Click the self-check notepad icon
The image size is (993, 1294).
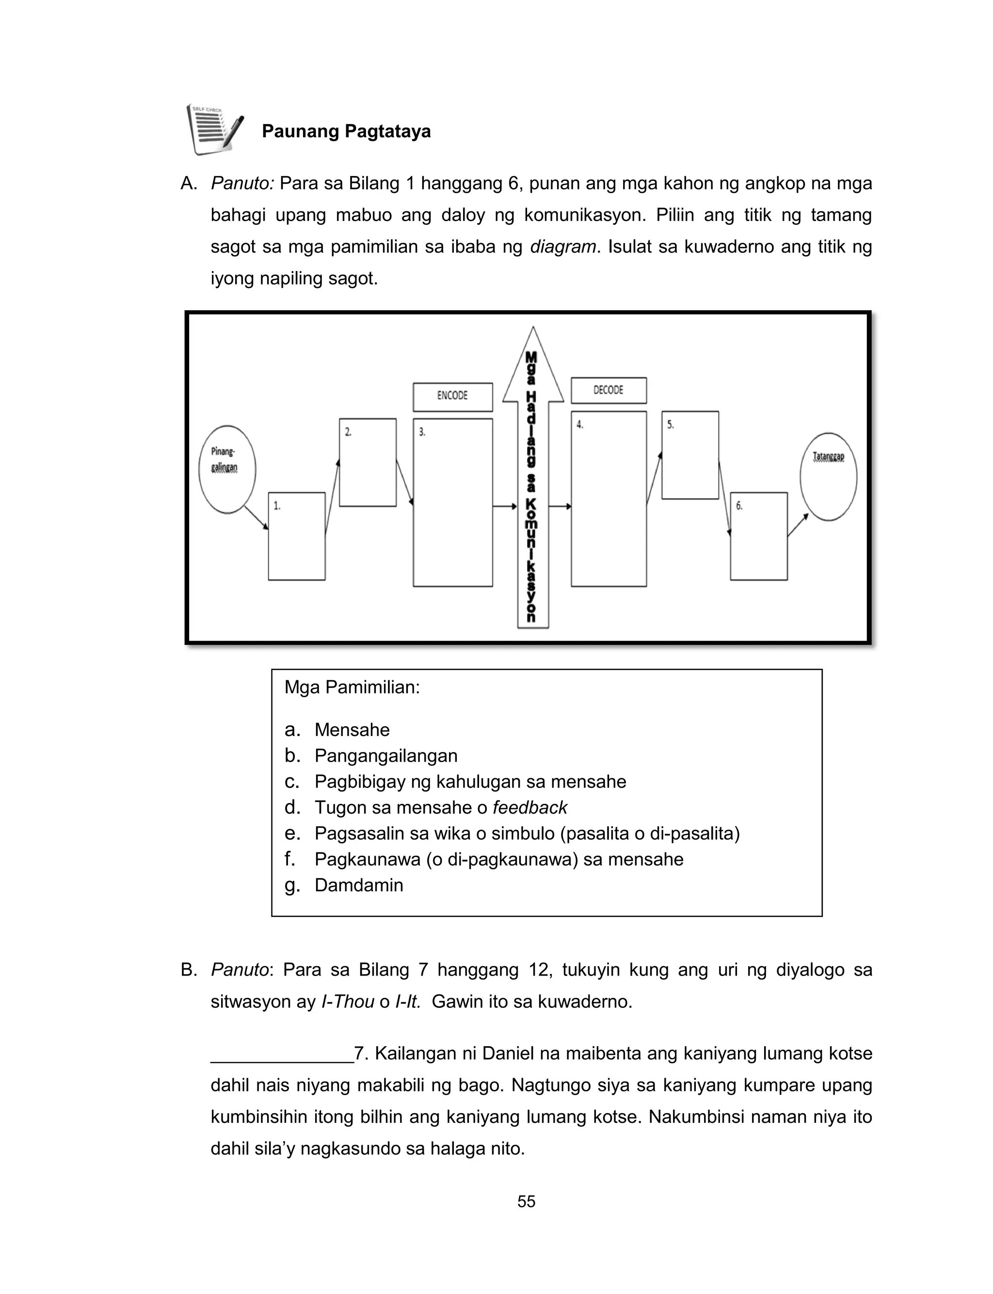(x=215, y=129)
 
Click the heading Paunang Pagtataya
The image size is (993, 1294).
(x=346, y=131)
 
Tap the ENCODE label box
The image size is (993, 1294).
(x=453, y=397)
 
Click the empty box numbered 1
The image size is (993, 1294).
(x=297, y=537)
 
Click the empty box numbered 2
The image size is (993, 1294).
(x=368, y=463)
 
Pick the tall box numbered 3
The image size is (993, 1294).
(x=453, y=503)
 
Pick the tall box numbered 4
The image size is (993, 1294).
(x=609, y=499)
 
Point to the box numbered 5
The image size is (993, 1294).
(x=690, y=456)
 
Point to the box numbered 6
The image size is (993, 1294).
(x=758, y=537)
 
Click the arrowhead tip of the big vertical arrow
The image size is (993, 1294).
(x=533, y=331)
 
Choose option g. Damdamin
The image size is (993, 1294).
(x=358, y=885)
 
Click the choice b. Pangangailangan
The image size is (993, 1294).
(x=385, y=756)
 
